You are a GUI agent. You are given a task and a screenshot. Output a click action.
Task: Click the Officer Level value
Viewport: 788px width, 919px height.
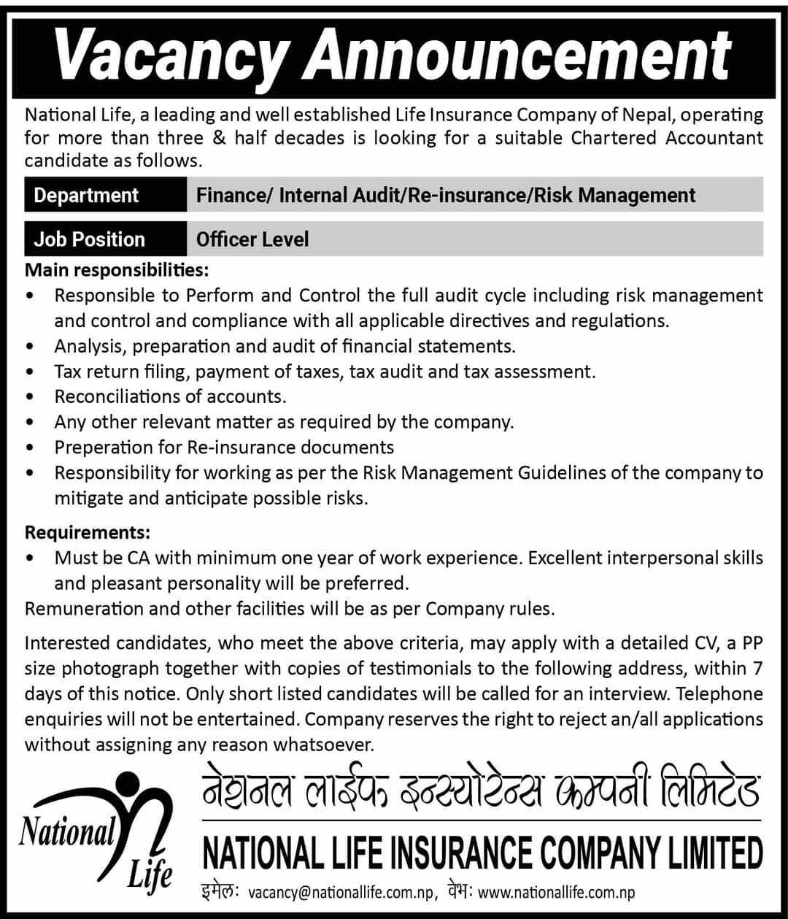pos(252,239)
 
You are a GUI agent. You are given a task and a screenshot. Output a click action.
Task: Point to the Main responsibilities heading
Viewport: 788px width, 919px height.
pos(117,270)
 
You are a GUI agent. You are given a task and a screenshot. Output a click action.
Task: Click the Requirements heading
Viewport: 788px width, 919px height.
pos(88,532)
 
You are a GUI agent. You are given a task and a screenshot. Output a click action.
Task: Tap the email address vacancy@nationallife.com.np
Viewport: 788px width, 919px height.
pos(342,892)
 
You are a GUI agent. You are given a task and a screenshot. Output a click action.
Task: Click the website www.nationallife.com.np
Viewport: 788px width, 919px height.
pos(556,892)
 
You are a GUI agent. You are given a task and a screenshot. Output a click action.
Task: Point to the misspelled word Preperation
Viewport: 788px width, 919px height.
pos(105,447)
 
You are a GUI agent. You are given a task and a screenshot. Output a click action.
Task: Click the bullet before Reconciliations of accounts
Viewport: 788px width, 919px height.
pos(29,397)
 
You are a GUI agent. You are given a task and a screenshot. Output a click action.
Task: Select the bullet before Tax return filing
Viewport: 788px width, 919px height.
pos(29,372)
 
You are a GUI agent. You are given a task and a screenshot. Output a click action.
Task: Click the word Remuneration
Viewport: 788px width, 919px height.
pos(82,608)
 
